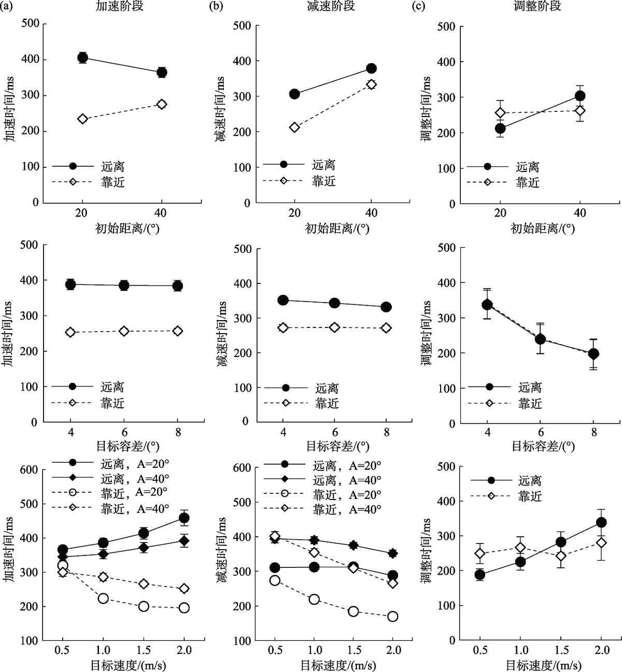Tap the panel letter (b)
[x=216, y=7]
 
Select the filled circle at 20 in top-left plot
[x=82, y=58]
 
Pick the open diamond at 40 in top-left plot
[x=162, y=104]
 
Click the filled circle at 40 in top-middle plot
[x=371, y=68]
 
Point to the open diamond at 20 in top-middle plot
[x=294, y=127]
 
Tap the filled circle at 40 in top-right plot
[x=580, y=96]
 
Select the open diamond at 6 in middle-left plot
[x=124, y=331]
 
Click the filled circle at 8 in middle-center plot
[x=386, y=307]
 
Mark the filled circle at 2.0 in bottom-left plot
[x=183, y=518]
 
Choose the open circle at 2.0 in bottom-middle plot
[x=392, y=616]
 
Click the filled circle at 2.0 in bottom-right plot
[x=601, y=522]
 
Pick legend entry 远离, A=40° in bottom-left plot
[x=135, y=478]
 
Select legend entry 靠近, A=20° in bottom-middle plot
[x=346, y=495]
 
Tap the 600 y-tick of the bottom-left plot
[x=29, y=469]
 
